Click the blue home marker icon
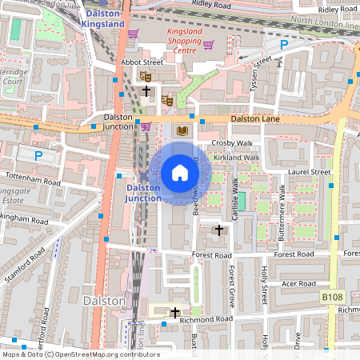(x=180, y=173)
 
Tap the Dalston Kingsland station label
(x=102, y=18)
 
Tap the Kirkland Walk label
(x=236, y=158)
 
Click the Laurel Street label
(x=310, y=172)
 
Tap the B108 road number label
(x=333, y=297)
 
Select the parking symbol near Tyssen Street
(x=283, y=46)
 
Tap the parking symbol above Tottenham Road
(x=37, y=154)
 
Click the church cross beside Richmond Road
(x=174, y=312)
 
